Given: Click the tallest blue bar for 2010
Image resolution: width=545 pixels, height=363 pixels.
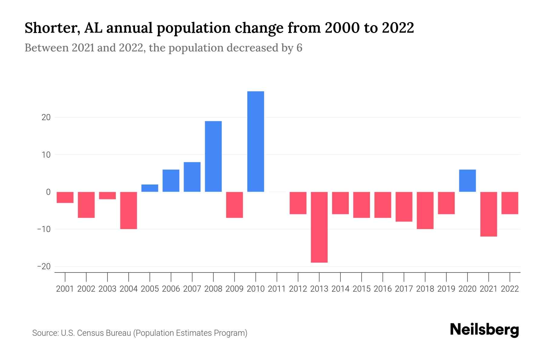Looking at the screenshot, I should (x=256, y=141).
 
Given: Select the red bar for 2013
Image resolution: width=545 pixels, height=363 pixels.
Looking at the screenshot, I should (x=319, y=227).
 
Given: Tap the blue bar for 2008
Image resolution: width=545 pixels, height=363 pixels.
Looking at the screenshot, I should (x=213, y=156).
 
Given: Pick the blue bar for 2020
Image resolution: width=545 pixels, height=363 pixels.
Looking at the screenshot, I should (x=467, y=181).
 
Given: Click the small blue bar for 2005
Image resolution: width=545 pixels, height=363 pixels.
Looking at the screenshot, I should (x=150, y=188).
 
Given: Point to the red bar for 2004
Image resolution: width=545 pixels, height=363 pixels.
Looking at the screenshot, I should (x=129, y=210).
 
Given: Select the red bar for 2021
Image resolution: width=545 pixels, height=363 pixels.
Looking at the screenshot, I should (x=488, y=214).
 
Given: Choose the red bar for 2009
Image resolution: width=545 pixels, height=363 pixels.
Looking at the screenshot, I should (x=234, y=205).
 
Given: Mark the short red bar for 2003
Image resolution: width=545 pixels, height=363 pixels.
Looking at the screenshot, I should (x=107, y=195).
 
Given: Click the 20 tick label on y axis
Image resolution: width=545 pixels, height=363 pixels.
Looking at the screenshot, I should (x=46, y=117).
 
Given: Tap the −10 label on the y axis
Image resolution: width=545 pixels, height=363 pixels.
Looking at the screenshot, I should (x=44, y=229).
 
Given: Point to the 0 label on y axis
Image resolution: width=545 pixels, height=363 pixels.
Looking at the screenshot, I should (x=48, y=192).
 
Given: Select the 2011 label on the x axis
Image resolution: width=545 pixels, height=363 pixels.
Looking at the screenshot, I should (x=277, y=289).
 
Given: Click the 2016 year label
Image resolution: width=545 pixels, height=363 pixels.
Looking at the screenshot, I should (x=383, y=289).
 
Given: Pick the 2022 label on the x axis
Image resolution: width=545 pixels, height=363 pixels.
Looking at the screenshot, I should (x=510, y=289).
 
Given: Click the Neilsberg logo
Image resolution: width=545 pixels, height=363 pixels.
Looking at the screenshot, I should (x=484, y=330).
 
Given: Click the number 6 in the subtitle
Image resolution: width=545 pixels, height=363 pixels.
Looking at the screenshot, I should (x=299, y=48).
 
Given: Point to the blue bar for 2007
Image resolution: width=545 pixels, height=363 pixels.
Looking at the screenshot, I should (x=192, y=177).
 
